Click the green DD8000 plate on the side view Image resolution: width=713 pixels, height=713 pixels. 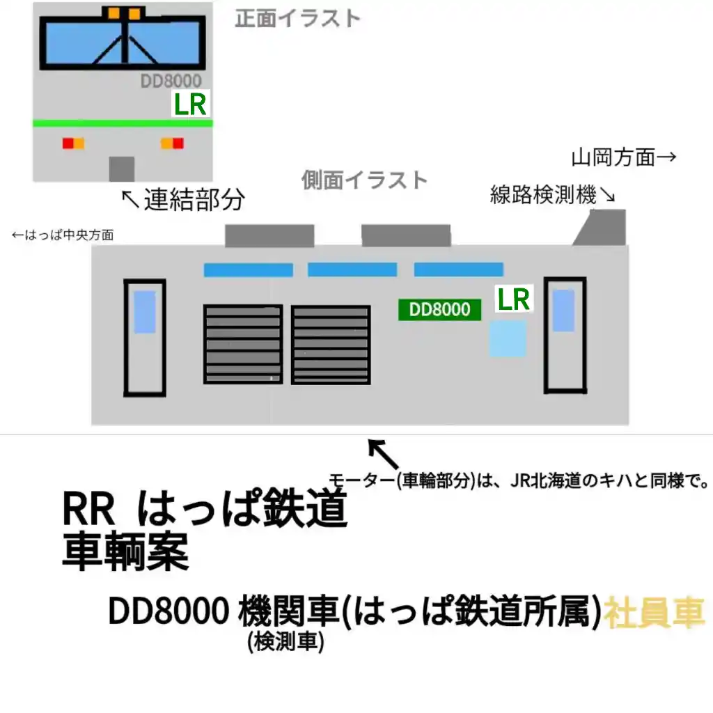point(439,310)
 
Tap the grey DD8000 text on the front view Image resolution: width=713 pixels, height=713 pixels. point(171,81)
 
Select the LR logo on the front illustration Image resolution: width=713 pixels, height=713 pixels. point(190,105)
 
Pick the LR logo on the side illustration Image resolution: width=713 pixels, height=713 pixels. point(512,299)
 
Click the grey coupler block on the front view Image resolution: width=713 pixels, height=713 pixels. point(121,169)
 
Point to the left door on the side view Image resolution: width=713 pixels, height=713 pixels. point(144,338)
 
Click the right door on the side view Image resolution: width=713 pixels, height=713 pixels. point(565,335)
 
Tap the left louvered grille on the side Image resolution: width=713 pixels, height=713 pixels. point(243,344)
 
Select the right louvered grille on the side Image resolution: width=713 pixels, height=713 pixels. point(331,345)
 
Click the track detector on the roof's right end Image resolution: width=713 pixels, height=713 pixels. point(602,228)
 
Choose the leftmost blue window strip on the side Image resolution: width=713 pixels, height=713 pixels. point(248,270)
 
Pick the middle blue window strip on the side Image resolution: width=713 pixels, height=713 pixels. point(352,269)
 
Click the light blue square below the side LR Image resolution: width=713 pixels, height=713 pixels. point(507,339)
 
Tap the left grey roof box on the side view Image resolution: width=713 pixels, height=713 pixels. point(269,235)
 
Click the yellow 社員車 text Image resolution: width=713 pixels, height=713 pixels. point(655,613)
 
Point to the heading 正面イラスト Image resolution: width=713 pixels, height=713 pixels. point(297,18)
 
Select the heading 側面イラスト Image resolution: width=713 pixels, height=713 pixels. point(364,180)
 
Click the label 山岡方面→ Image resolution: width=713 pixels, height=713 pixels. point(624,157)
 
